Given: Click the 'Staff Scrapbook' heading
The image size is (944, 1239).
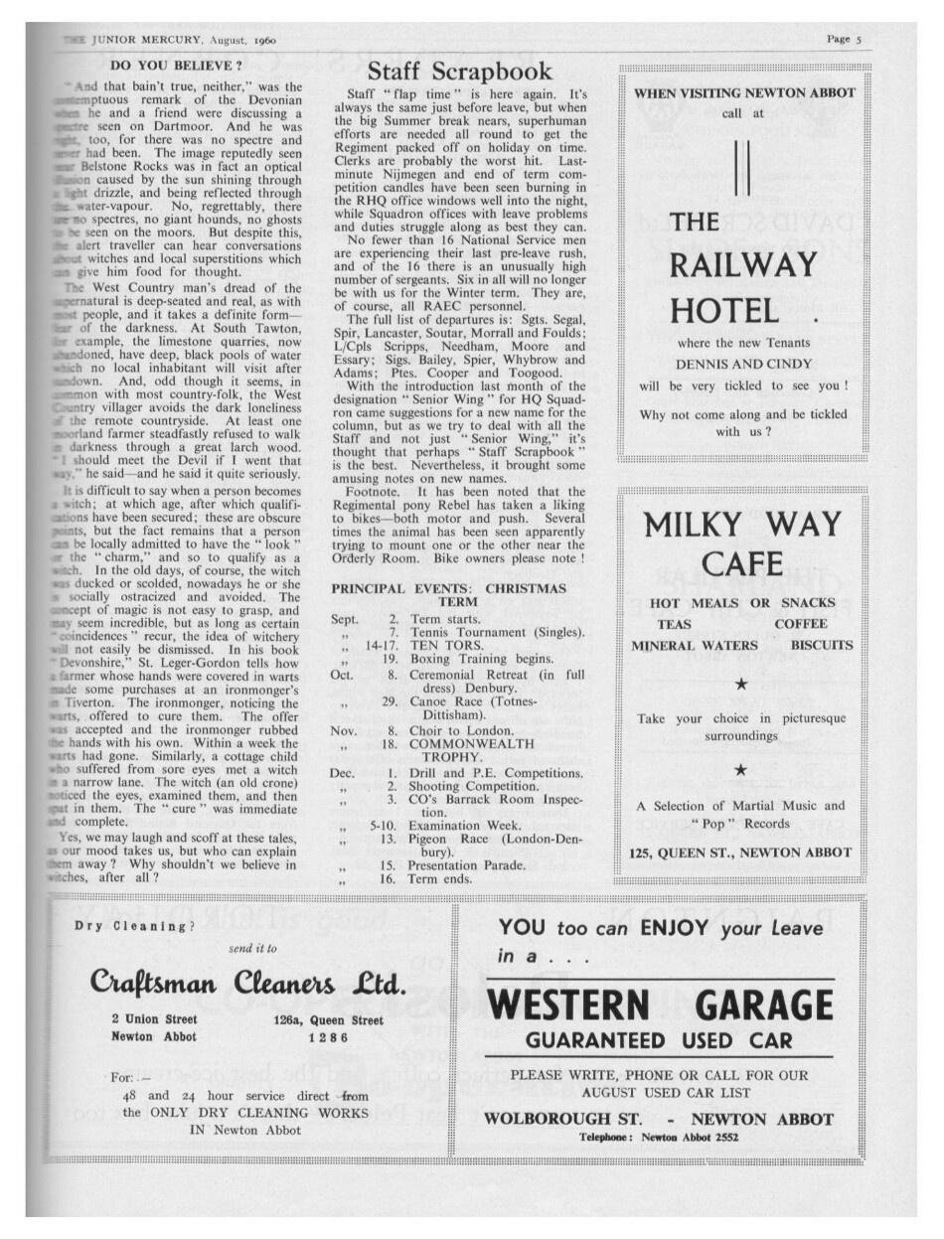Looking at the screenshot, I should [x=459, y=72].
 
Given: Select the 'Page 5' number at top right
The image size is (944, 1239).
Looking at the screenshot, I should [x=845, y=40].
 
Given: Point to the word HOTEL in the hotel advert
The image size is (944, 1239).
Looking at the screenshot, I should [x=723, y=311].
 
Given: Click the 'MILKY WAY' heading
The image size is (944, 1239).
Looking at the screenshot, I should [x=743, y=525].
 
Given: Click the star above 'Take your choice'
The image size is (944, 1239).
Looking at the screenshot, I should [x=740, y=685].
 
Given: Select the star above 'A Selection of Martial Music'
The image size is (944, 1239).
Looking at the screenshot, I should [x=740, y=770].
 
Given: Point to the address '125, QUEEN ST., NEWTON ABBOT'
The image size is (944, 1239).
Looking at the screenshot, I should [x=740, y=852].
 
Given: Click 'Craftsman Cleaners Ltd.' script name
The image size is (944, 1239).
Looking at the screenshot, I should [x=248, y=984].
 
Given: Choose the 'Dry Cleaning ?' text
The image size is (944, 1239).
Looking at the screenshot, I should [x=135, y=927].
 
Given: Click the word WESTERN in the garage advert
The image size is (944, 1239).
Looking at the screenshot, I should [x=569, y=1007].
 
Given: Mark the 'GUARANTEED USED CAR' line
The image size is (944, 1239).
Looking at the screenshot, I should [x=660, y=1041].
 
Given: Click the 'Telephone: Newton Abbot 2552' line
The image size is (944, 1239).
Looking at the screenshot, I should [x=659, y=1138].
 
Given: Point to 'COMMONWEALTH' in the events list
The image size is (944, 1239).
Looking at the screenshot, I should [x=474, y=742].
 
